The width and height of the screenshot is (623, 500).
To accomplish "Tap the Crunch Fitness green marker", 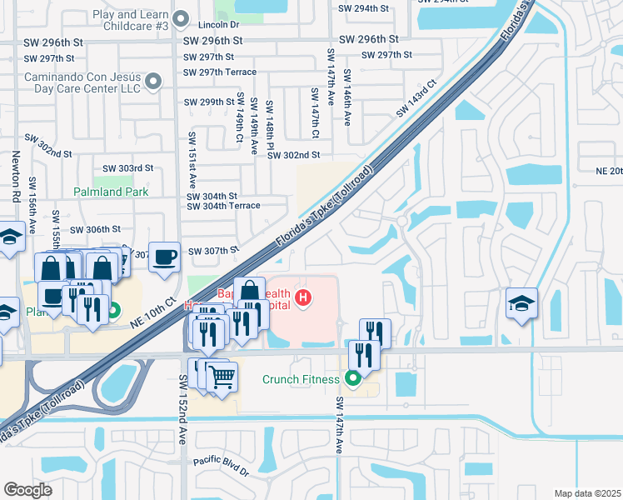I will tap(353, 379).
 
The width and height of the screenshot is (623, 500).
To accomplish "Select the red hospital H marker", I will tap(304, 297).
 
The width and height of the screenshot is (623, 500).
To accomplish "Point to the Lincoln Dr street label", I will tap(219, 25).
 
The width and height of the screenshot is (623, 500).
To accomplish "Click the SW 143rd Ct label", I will tap(416, 98).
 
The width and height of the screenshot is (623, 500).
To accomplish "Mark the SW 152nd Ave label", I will tap(182, 409).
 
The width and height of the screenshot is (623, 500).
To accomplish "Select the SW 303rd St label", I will tap(125, 167).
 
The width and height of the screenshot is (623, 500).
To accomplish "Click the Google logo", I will tap(27, 490).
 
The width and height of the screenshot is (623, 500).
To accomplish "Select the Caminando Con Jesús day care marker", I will tap(152, 81).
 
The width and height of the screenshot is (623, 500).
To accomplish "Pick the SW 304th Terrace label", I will tap(223, 206).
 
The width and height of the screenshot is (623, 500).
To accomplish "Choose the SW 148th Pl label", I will tap(270, 122).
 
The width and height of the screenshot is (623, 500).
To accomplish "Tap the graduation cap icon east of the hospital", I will tap(521, 304).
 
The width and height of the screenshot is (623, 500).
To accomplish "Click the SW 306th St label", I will tap(96, 229).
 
